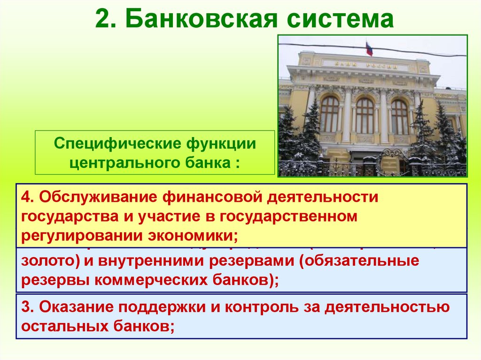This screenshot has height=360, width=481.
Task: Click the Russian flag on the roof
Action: point(369,48)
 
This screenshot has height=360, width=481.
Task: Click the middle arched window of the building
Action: point(365,115)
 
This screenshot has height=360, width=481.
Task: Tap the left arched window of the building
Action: point(329,114)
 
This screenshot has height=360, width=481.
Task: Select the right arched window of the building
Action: point(400,116)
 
